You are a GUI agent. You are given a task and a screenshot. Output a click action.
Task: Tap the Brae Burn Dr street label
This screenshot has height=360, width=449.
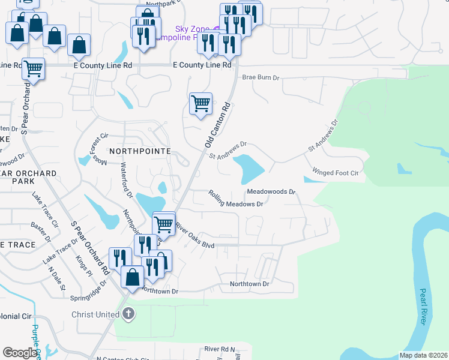point(261,77)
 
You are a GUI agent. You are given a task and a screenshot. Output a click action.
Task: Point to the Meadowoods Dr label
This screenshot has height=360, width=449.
point(271,192)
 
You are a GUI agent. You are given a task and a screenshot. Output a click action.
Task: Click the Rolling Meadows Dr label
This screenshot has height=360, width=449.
point(237,199)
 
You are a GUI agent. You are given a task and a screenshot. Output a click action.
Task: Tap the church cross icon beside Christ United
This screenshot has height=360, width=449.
point(127,314)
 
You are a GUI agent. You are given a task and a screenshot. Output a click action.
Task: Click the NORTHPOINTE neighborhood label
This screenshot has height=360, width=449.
point(139,151)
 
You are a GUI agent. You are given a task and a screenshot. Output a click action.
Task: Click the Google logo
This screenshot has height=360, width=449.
point(20,353)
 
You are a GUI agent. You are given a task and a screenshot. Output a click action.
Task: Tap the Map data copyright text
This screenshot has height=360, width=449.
point(423,355)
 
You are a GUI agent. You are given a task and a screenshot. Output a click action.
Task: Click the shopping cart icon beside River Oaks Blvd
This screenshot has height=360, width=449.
point(164,224)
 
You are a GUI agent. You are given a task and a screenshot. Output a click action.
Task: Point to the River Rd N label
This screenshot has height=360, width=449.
point(220,349)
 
